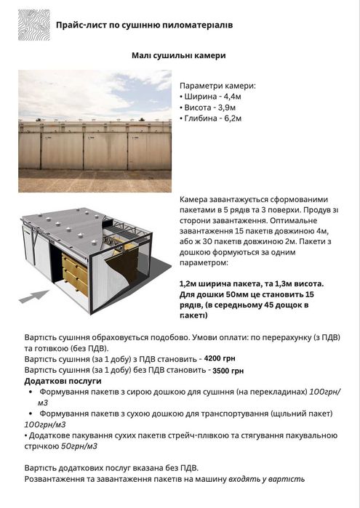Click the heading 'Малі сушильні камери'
tap(180, 55)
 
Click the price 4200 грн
tap(220, 359)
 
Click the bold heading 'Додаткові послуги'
tap(63, 381)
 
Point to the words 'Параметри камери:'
tap(217, 85)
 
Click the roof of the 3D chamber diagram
tap(95, 225)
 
